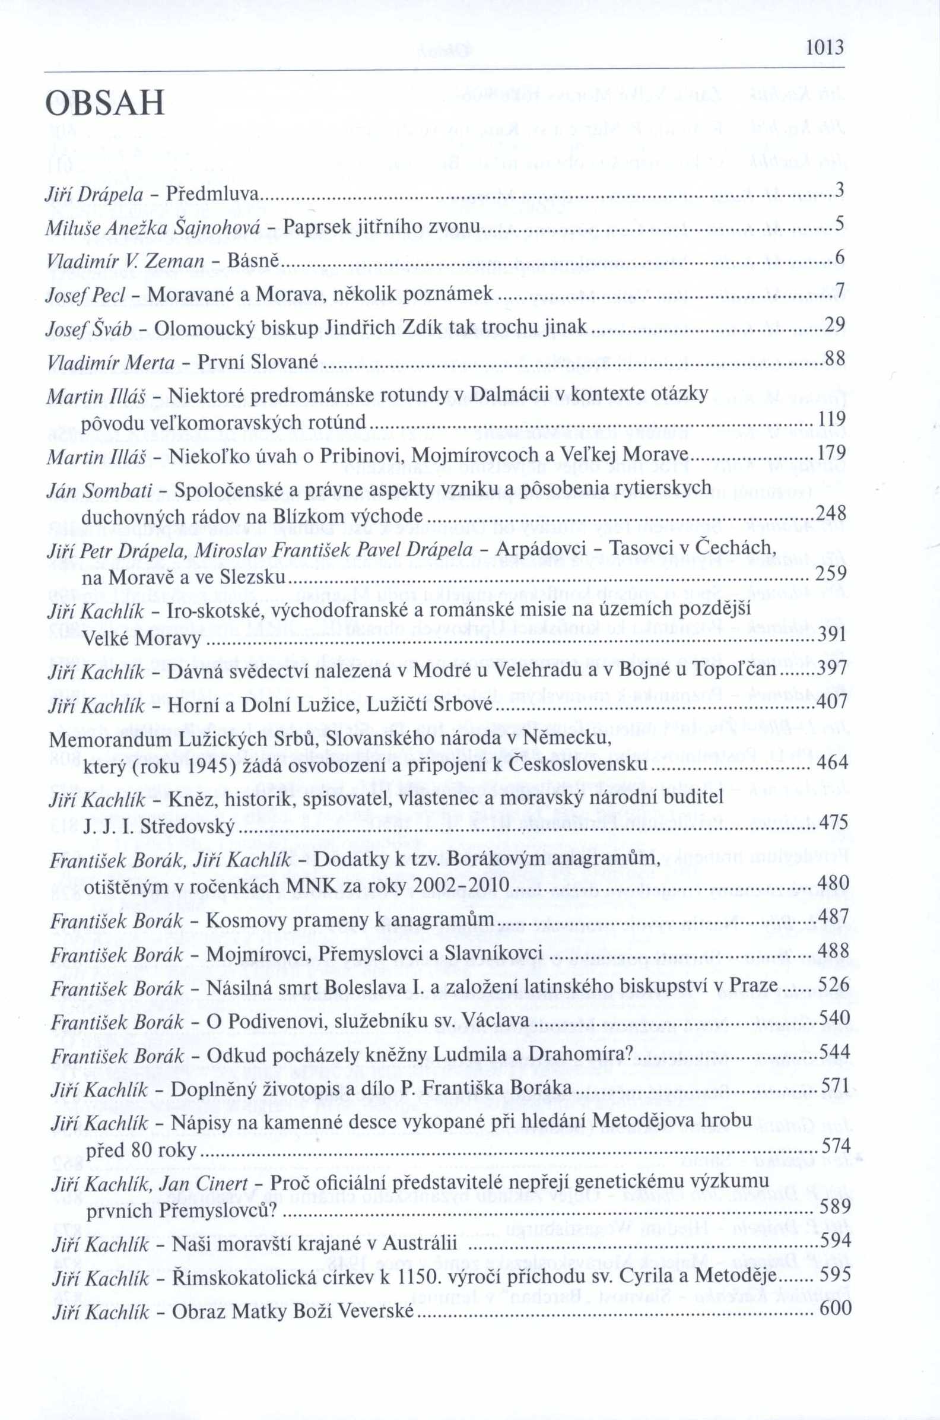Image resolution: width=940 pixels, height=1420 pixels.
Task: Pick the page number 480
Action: coord(833,883)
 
